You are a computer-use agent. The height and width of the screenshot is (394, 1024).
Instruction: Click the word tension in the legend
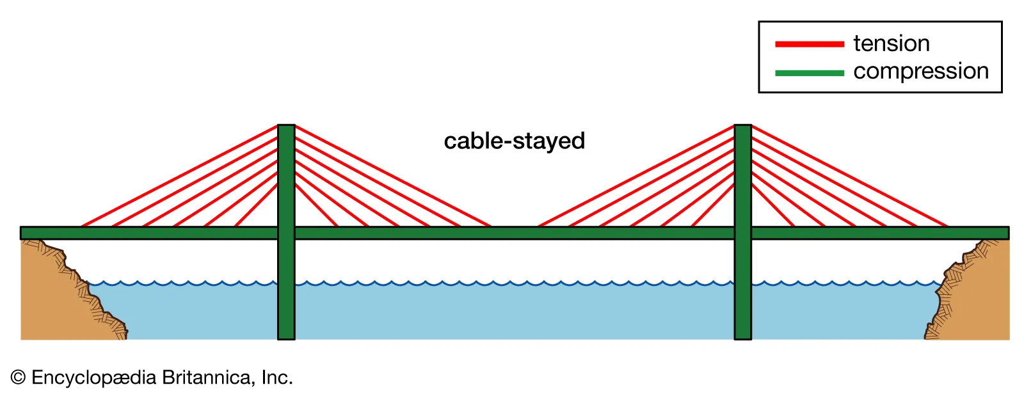[x=891, y=43]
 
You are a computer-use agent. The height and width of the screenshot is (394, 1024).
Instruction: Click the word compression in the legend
[x=920, y=71]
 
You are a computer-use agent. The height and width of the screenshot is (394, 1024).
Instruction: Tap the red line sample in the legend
[x=809, y=44]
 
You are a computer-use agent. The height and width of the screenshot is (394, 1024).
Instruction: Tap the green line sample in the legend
[x=809, y=73]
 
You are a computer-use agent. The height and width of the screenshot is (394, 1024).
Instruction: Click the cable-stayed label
[x=514, y=141]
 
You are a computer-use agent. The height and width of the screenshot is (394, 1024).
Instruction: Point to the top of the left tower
[x=286, y=127]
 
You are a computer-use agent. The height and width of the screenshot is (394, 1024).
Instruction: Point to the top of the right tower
[x=742, y=127]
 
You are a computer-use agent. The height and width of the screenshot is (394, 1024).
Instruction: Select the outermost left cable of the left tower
[x=179, y=176]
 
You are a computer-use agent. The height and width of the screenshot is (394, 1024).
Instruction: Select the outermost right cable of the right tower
[x=849, y=176]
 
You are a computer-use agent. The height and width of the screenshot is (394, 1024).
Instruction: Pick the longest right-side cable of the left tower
[x=392, y=176]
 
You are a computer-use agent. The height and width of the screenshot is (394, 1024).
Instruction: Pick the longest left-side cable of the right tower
[x=636, y=176]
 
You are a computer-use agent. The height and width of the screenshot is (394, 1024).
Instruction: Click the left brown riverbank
[x=51, y=294]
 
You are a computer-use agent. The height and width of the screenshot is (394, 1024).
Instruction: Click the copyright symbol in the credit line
[x=18, y=377]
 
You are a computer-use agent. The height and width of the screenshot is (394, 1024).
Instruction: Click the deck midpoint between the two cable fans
[x=514, y=233]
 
